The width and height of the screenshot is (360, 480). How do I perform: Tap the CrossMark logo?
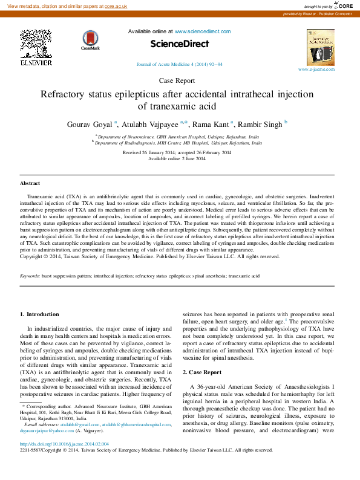pyautogui.click(x=91, y=40)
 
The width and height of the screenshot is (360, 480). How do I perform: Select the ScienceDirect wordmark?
pyautogui.click(x=179, y=44)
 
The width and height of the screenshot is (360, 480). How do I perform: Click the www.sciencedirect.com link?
pyautogui.click(x=203, y=31)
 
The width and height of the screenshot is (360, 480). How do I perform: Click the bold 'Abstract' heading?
pyautogui.click(x=30, y=183)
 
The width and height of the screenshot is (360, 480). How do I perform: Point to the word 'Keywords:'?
pyautogui.click(x=30, y=276)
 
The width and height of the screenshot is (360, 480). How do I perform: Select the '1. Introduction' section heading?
pyautogui.click(x=39, y=314)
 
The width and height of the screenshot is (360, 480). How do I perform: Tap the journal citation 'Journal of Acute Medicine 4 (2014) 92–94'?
pyautogui.click(x=179, y=64)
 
